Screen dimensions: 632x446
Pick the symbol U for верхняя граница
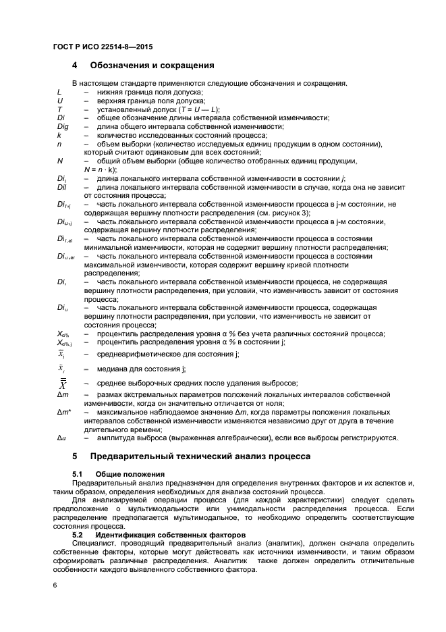pyautogui.click(x=60, y=101)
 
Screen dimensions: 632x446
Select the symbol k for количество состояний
pyautogui.click(x=59, y=135)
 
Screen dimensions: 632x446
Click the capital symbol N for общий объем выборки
pyautogui.click(x=60, y=161)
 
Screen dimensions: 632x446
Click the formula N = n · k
pyautogui.click(x=99, y=169)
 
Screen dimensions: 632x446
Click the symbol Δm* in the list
pyautogui.click(x=64, y=412)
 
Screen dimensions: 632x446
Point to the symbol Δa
pyautogui.click(x=61, y=438)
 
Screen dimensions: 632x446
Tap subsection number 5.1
pyautogui.click(x=77, y=474)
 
